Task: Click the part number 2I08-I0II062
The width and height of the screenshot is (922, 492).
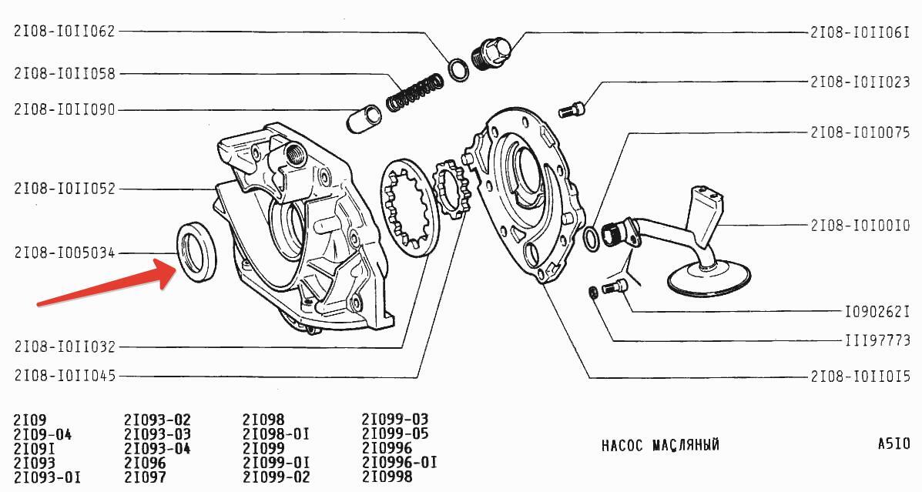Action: coord(65,31)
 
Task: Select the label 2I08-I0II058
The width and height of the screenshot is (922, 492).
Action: coord(65,73)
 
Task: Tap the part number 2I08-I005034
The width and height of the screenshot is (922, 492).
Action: coord(65,253)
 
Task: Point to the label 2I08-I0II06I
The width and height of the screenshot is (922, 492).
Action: coord(860,32)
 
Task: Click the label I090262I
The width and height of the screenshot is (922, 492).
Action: coord(877,312)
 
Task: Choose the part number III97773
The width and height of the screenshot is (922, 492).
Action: coord(877,340)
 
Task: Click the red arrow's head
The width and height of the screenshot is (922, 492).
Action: coord(168,271)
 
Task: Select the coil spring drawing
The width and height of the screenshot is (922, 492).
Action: coord(414,92)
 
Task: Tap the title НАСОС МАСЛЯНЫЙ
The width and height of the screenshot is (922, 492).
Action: coord(660,445)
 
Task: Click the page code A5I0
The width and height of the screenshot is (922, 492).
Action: coord(894,443)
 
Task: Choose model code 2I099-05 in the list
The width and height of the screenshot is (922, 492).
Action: coord(395,433)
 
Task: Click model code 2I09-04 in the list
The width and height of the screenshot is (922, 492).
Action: coord(42,434)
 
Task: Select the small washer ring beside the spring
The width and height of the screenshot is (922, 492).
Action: coord(458,69)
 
